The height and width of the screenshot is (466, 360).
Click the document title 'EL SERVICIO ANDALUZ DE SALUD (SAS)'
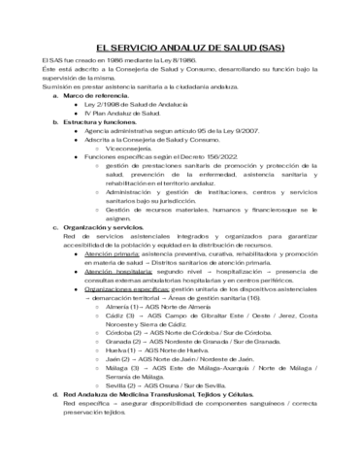pyautogui.click(x=180, y=48)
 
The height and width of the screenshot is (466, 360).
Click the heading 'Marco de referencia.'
pyautogui.click(x=97, y=97)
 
